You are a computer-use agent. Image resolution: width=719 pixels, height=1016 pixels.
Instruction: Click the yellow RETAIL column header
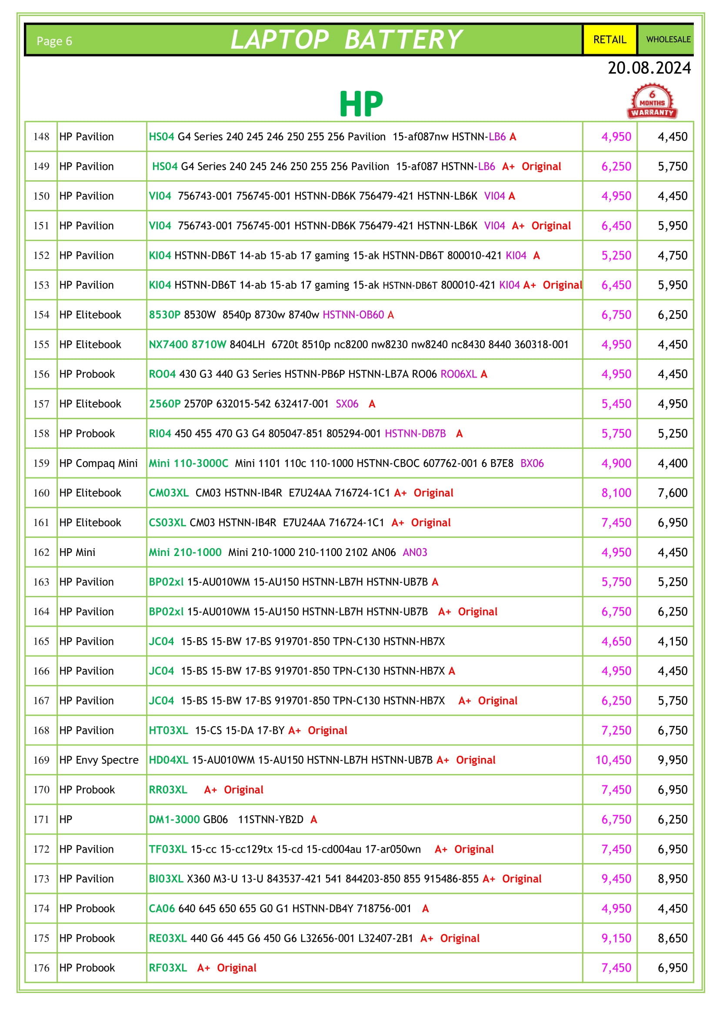(609, 40)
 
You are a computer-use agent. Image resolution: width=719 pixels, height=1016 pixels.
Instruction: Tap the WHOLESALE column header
(668, 40)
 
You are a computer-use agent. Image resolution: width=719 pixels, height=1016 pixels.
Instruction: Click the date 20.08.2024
(649, 68)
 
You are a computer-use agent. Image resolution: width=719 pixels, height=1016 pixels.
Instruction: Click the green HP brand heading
(361, 104)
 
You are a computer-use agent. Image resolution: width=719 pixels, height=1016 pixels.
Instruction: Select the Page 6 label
(54, 41)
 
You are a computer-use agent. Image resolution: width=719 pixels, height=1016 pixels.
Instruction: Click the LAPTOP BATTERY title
(346, 40)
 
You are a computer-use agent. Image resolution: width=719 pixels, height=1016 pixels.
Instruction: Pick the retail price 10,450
(613, 760)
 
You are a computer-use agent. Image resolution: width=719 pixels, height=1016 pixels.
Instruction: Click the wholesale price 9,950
(672, 760)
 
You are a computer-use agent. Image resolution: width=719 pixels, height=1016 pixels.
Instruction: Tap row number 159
(41, 463)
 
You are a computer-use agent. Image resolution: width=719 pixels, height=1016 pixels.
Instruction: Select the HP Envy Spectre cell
(99, 760)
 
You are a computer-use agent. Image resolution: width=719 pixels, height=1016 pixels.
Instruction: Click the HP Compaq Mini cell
(98, 463)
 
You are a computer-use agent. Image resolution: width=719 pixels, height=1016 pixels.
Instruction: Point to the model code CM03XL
(169, 493)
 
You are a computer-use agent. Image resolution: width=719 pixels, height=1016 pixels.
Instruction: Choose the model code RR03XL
(168, 789)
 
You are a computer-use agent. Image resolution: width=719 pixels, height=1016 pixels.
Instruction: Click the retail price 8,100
(616, 493)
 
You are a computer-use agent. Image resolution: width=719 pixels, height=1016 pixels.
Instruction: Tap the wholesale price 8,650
(672, 938)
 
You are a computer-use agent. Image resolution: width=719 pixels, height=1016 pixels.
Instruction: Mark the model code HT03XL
(168, 730)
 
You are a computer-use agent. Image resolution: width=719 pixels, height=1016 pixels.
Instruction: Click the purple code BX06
(532, 463)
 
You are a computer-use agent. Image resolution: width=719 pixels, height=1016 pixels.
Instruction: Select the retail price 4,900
(616, 463)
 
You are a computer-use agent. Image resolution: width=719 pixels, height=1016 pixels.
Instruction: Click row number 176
(41, 968)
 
